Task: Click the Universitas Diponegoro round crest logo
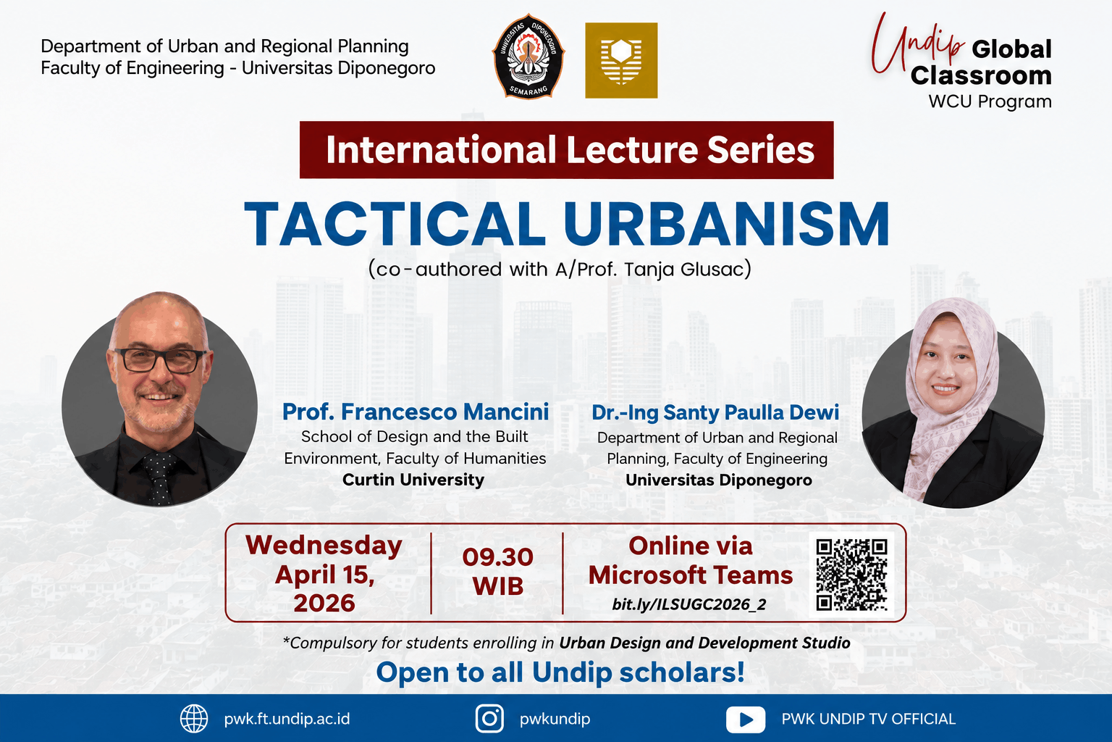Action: (x=528, y=57)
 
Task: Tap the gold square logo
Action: (x=621, y=60)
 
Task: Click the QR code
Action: (x=851, y=575)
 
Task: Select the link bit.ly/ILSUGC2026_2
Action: (x=689, y=604)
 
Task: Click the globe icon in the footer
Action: (x=193, y=719)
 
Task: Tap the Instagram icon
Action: (x=489, y=719)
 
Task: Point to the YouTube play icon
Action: (x=746, y=719)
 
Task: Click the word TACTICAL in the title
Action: (x=395, y=224)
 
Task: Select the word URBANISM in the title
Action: (x=726, y=224)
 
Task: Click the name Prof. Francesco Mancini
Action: (x=416, y=412)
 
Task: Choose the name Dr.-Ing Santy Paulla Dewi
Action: (x=715, y=412)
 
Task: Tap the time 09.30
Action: (x=497, y=557)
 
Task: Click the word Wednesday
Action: (x=324, y=546)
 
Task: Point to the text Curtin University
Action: (x=413, y=480)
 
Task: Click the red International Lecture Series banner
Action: (x=566, y=149)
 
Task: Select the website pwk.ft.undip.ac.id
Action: (x=287, y=719)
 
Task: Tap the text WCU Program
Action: (x=990, y=102)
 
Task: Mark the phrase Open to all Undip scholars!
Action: (x=560, y=672)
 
